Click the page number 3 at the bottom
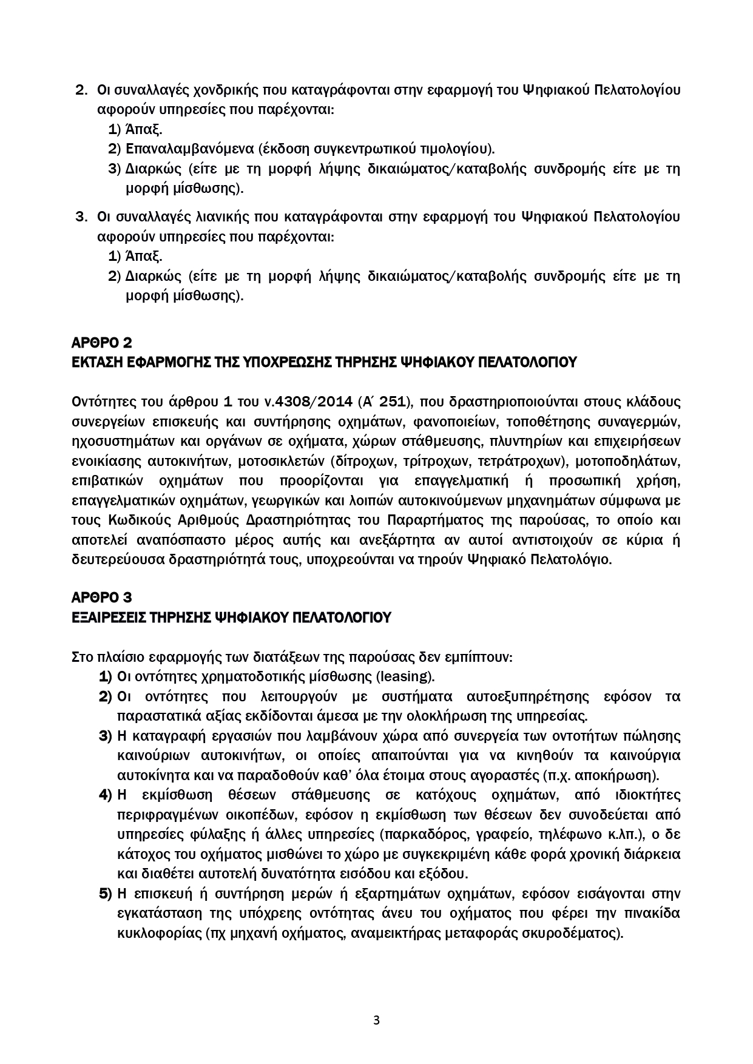[376, 1020]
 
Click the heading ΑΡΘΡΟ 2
[101, 343]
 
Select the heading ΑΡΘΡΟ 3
[101, 598]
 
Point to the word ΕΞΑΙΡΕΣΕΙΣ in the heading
[112, 617]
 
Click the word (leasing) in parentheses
[405, 676]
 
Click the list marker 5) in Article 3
[106, 894]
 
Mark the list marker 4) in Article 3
[106, 795]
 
